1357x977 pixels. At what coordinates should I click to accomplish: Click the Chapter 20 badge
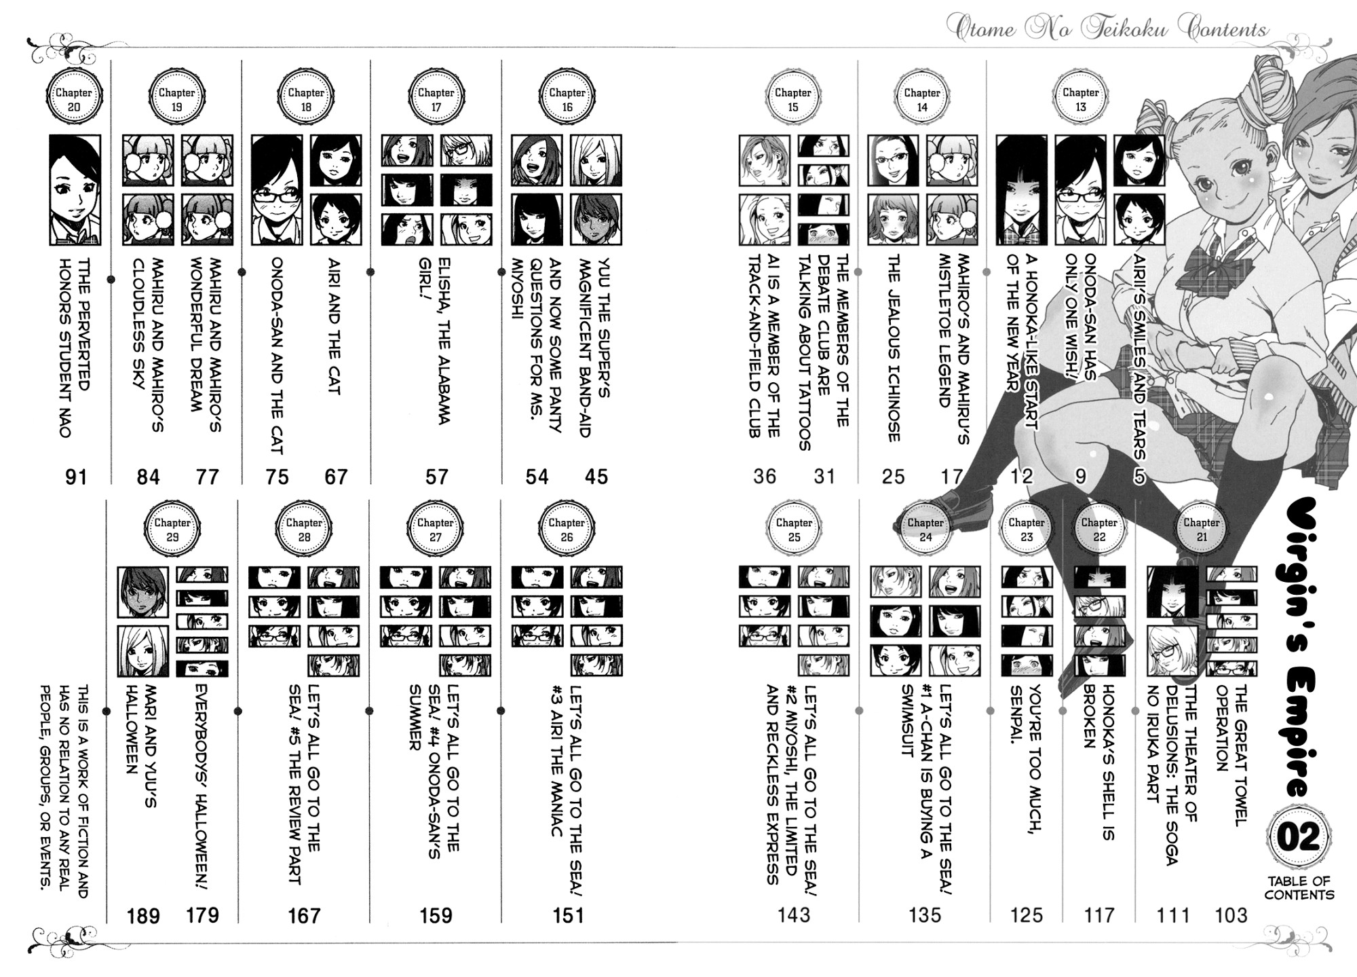click(74, 99)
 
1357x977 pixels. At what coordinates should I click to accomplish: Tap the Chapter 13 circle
click(1080, 99)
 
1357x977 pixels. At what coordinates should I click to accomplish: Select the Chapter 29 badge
click(172, 530)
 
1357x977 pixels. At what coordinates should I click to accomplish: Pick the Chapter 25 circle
click(794, 530)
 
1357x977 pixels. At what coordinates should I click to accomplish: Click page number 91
click(76, 477)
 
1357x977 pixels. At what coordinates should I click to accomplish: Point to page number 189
click(143, 916)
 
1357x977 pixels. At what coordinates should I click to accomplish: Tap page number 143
click(793, 916)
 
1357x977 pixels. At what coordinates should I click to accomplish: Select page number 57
click(436, 477)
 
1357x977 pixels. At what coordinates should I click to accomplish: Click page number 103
click(1231, 916)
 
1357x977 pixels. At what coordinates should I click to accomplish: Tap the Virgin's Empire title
click(1298, 648)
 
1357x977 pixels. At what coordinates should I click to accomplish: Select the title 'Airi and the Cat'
click(335, 326)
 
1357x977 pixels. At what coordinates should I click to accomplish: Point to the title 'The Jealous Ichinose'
click(893, 348)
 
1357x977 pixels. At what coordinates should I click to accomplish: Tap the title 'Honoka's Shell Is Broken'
click(1098, 762)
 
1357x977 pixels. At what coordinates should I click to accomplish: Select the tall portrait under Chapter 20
click(75, 189)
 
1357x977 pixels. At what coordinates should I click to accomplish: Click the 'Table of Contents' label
click(1299, 887)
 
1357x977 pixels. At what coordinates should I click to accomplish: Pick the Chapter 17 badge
click(436, 99)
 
